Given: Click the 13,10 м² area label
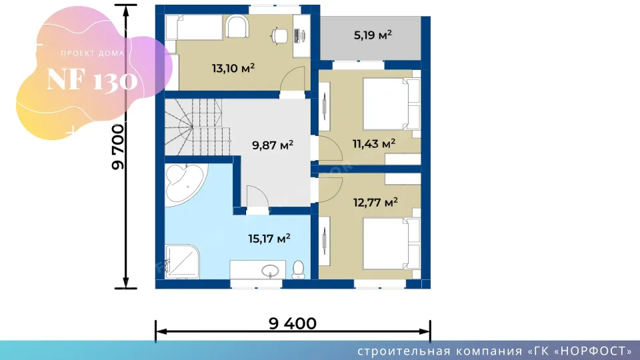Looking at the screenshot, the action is coord(233,68).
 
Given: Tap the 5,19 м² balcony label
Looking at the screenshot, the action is coord(373,35).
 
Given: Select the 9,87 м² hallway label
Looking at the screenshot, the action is coord(272,145).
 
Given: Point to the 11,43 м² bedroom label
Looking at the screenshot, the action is coord(373,143).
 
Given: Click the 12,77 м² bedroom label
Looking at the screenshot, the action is coord(375,202).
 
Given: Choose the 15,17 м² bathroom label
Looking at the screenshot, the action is coord(269,238).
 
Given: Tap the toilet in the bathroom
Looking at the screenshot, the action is coord(299,269).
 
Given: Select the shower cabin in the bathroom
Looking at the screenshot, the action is coord(182,261).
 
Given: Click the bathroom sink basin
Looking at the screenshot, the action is coord(270,270).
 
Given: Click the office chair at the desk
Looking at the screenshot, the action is coord(279,35).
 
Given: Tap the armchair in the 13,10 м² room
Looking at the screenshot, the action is coord(237,27).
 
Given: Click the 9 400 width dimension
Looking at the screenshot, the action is coord(292,323).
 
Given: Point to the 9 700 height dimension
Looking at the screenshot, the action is coord(117,147).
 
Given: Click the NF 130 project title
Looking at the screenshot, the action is coord(92,79).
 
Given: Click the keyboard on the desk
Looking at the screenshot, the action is coord(297,35).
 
